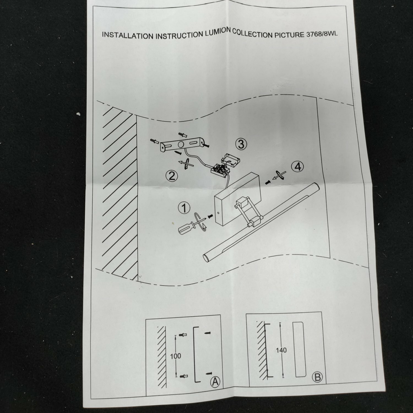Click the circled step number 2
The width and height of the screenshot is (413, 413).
coord(172,175)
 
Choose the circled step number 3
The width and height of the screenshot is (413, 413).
coord(241,144)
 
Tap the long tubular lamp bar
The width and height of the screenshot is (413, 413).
coord(262,222)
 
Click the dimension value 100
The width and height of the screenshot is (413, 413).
coord(175,356)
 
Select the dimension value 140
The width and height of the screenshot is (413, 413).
coord(281,350)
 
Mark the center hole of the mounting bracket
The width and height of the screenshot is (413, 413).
coord(181,144)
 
